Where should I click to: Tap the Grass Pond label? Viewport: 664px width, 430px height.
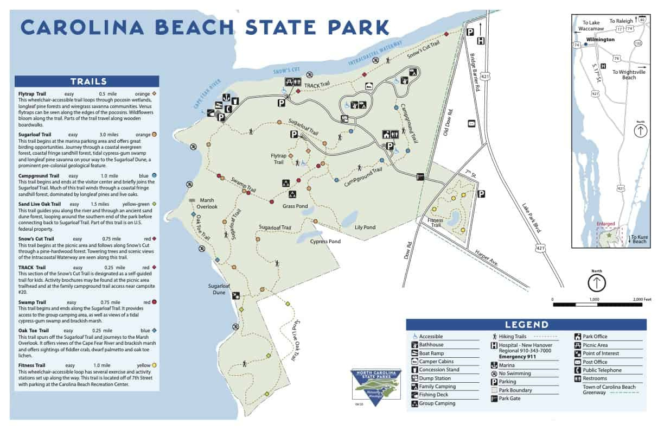(295, 206)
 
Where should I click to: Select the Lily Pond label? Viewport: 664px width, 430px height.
(365, 227)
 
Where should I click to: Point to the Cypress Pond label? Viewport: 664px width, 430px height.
(325, 241)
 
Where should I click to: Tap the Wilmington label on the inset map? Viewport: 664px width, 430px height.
(601, 40)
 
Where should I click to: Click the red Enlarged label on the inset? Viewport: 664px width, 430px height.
(605, 224)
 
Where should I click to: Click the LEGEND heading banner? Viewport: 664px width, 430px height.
(526, 325)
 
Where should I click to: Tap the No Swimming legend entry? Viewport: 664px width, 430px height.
(514, 373)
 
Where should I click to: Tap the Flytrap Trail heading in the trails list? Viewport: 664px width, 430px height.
(34, 94)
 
